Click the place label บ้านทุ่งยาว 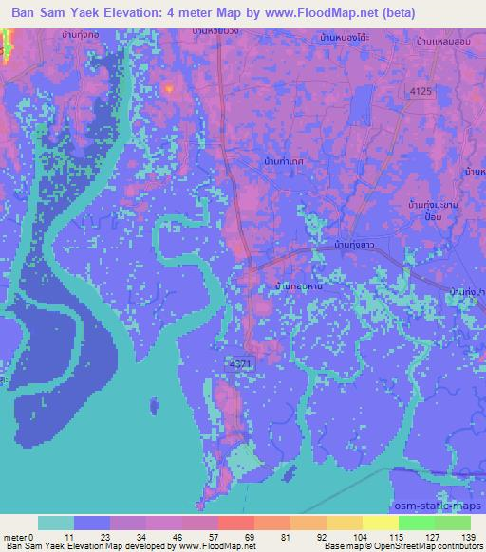[x=357, y=247]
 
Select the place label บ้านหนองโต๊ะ [x=344, y=39]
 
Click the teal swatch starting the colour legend [x=56, y=522]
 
